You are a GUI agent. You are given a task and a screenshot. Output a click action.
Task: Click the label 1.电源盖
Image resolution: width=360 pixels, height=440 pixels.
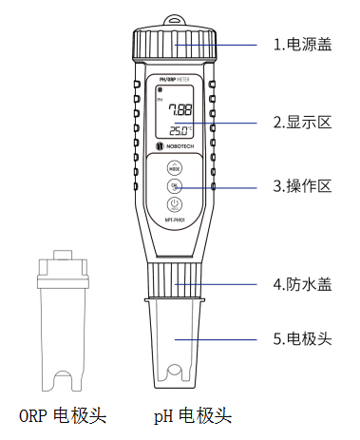[x=301, y=44]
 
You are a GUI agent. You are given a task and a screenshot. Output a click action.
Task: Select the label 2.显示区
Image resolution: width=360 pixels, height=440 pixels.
[x=301, y=122]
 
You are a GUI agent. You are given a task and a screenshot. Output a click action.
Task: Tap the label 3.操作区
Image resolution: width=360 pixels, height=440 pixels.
[x=301, y=187]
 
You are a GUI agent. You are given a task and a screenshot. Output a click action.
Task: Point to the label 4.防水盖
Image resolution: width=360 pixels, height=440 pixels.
[x=301, y=283]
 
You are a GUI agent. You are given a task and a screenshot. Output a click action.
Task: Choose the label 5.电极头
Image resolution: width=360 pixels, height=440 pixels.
[x=301, y=338]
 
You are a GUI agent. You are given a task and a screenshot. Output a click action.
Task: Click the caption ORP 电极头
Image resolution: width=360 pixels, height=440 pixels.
[x=63, y=415]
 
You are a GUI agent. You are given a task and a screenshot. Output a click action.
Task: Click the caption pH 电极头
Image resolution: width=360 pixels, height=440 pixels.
[x=192, y=415]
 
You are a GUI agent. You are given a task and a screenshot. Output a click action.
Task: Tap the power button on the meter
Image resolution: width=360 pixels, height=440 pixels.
[x=175, y=204]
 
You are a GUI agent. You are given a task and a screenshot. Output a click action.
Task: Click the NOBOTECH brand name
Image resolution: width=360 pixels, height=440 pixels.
[x=180, y=148]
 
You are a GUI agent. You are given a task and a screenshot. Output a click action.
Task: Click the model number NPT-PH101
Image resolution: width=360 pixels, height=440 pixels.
[x=175, y=220]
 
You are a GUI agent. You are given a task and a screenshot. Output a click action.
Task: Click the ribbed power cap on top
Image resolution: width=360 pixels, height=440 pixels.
[x=176, y=46]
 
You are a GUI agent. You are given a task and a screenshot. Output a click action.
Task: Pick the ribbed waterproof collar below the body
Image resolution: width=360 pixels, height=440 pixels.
[x=175, y=280]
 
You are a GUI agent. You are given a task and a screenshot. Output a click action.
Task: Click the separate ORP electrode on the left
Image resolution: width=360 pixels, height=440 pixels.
[x=63, y=323]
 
